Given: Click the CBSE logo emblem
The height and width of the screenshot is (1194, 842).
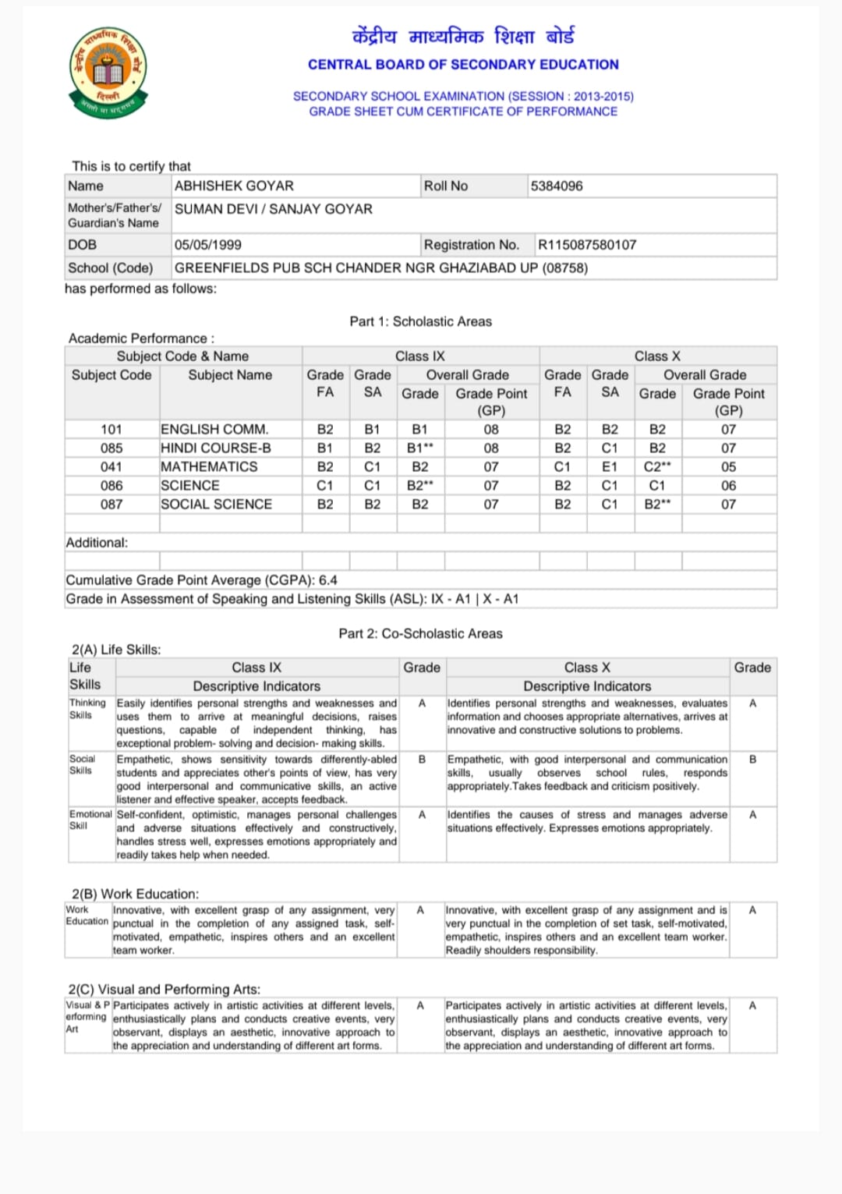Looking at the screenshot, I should click(108, 73).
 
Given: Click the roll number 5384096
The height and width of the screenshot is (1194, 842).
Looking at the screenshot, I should click(557, 186).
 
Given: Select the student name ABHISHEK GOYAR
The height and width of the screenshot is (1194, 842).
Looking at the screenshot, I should click(234, 186).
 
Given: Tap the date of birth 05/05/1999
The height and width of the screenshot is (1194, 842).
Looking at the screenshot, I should click(208, 245).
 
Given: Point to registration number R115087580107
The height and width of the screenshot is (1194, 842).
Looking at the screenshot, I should click(587, 245).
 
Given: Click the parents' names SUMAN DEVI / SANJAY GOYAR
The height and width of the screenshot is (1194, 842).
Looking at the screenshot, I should click(274, 209).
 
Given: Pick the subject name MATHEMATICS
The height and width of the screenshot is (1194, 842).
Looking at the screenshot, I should click(209, 466).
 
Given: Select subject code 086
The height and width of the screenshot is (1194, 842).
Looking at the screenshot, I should click(111, 485).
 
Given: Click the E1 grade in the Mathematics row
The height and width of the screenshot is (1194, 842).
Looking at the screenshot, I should click(610, 466).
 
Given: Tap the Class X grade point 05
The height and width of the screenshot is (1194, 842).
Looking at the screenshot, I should click(728, 466).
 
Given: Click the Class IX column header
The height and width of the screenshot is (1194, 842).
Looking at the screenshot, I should click(419, 356).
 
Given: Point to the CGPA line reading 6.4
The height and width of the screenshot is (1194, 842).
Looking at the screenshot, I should click(201, 580).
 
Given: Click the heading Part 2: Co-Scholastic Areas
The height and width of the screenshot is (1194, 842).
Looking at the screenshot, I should click(420, 633).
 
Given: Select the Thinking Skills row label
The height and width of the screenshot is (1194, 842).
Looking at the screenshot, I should click(87, 708).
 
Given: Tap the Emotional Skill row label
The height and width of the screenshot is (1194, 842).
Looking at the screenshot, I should click(90, 819).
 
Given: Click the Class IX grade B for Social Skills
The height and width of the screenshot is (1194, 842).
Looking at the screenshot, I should click(422, 759).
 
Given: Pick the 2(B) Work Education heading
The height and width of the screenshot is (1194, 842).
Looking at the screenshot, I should click(135, 894).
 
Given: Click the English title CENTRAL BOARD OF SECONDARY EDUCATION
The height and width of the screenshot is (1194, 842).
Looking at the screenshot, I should click(463, 65).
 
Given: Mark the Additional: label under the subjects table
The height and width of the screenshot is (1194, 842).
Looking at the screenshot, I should click(97, 543).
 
